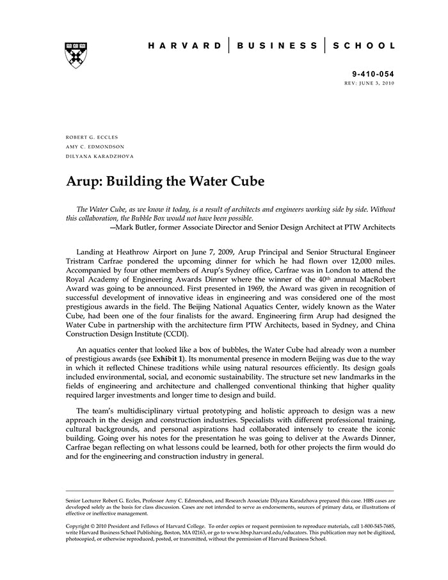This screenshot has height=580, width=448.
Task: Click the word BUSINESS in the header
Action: [276, 46]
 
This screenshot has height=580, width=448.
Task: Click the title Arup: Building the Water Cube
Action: [165, 181]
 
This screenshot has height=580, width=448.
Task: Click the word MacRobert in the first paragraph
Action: [349, 280]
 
